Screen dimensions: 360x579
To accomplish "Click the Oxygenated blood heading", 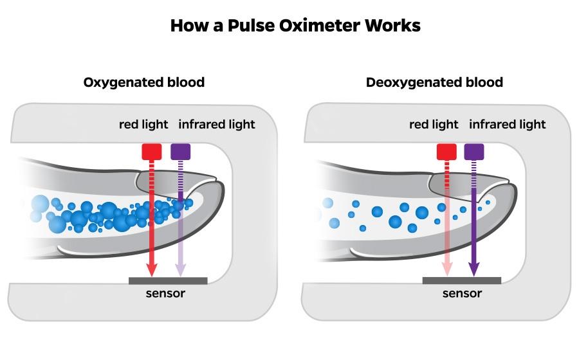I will [x=144, y=82].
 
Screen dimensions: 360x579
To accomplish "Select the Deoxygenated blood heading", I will [x=434, y=82].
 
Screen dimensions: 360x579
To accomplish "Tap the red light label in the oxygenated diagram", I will [x=143, y=124].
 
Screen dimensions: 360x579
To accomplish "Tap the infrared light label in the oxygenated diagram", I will [x=216, y=124].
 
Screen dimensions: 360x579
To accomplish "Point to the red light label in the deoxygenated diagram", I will [x=434, y=124].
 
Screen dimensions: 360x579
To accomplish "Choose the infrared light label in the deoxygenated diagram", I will [x=508, y=124].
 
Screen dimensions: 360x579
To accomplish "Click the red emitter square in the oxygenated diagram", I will [x=152, y=151].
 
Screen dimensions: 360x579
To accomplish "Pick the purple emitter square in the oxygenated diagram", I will [x=181, y=151].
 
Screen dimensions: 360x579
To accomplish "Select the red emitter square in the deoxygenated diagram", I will [x=446, y=151].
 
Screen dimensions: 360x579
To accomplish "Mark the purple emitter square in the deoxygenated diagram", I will [x=474, y=151].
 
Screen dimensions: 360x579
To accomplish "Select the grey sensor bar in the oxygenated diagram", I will [x=168, y=280].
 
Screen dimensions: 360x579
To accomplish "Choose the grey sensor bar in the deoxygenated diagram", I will [x=461, y=280].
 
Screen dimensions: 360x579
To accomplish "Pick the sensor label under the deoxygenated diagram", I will [x=462, y=294].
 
